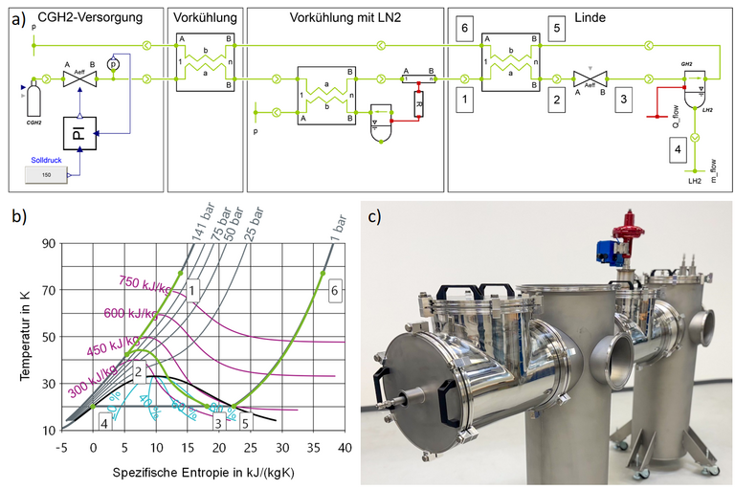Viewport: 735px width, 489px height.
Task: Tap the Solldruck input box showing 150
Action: click(x=47, y=175)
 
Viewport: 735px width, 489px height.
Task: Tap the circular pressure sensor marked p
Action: click(x=112, y=63)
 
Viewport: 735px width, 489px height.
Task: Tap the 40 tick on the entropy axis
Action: click(x=342, y=447)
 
